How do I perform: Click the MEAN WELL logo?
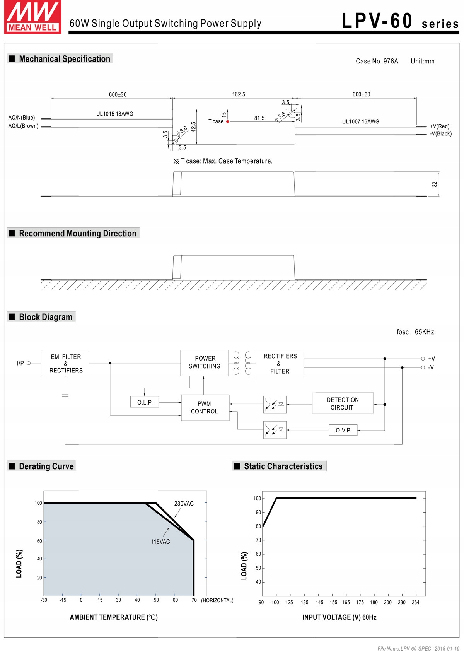click(32, 17)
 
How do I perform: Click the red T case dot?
click(228, 121)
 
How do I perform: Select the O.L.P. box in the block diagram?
click(145, 402)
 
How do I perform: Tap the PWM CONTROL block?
click(205, 408)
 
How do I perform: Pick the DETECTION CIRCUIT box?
click(343, 403)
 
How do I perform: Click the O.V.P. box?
click(343, 430)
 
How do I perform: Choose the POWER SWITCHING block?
click(205, 362)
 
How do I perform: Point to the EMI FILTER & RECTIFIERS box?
click(65, 363)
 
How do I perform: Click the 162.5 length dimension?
click(239, 94)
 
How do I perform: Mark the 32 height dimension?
click(435, 185)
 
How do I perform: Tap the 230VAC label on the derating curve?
click(184, 504)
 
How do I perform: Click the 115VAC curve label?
click(160, 542)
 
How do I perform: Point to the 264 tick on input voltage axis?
click(416, 602)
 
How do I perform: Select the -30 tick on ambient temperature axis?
click(44, 600)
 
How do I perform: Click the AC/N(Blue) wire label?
click(22, 118)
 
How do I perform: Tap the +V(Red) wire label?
click(440, 126)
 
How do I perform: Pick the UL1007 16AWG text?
click(360, 121)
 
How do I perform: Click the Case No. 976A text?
click(377, 61)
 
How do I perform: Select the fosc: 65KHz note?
click(415, 332)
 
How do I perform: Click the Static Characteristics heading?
click(283, 466)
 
